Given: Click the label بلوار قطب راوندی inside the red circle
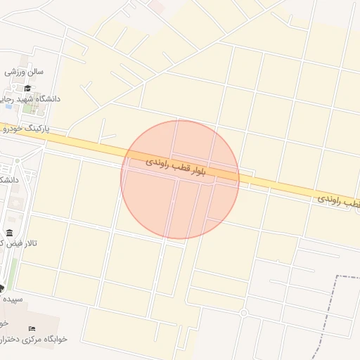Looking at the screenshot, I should (175, 167).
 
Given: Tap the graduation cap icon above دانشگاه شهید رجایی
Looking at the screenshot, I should (27, 88).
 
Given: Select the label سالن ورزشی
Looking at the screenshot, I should (25, 72).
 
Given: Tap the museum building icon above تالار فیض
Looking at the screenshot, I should (9, 233).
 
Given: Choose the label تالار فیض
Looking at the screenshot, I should (21, 243).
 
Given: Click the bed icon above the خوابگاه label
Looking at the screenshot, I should (31, 329).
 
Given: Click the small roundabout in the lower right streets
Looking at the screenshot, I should (243, 312).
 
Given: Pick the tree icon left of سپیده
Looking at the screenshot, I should (1, 288).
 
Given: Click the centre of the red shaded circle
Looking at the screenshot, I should (180, 179).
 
